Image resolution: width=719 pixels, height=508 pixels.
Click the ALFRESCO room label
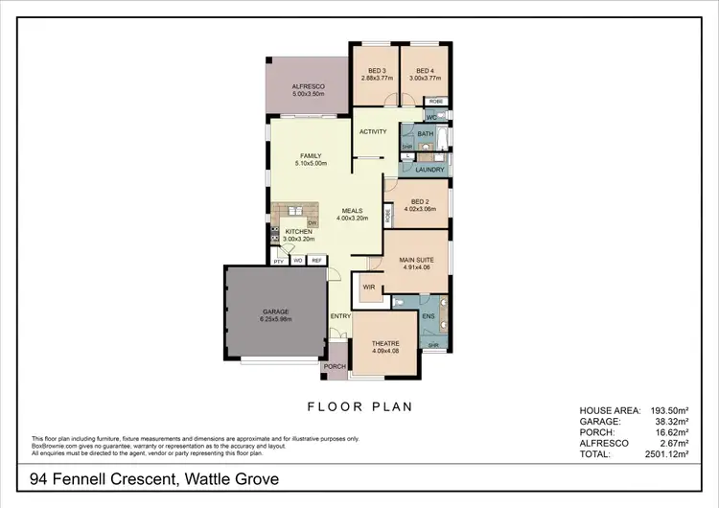tap(310, 86)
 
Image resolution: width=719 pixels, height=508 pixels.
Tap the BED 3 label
tap(377, 71)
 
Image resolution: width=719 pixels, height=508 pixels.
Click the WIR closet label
tap(368, 287)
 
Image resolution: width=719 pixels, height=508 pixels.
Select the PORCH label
tap(335, 367)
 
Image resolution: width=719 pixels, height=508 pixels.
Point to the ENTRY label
tap(340, 316)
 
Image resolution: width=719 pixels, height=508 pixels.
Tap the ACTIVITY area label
tap(373, 132)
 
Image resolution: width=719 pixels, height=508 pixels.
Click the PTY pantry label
tap(278, 261)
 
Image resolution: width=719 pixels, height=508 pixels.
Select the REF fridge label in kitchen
tap(316, 261)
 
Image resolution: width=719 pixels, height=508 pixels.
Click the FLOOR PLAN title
tap(359, 406)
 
